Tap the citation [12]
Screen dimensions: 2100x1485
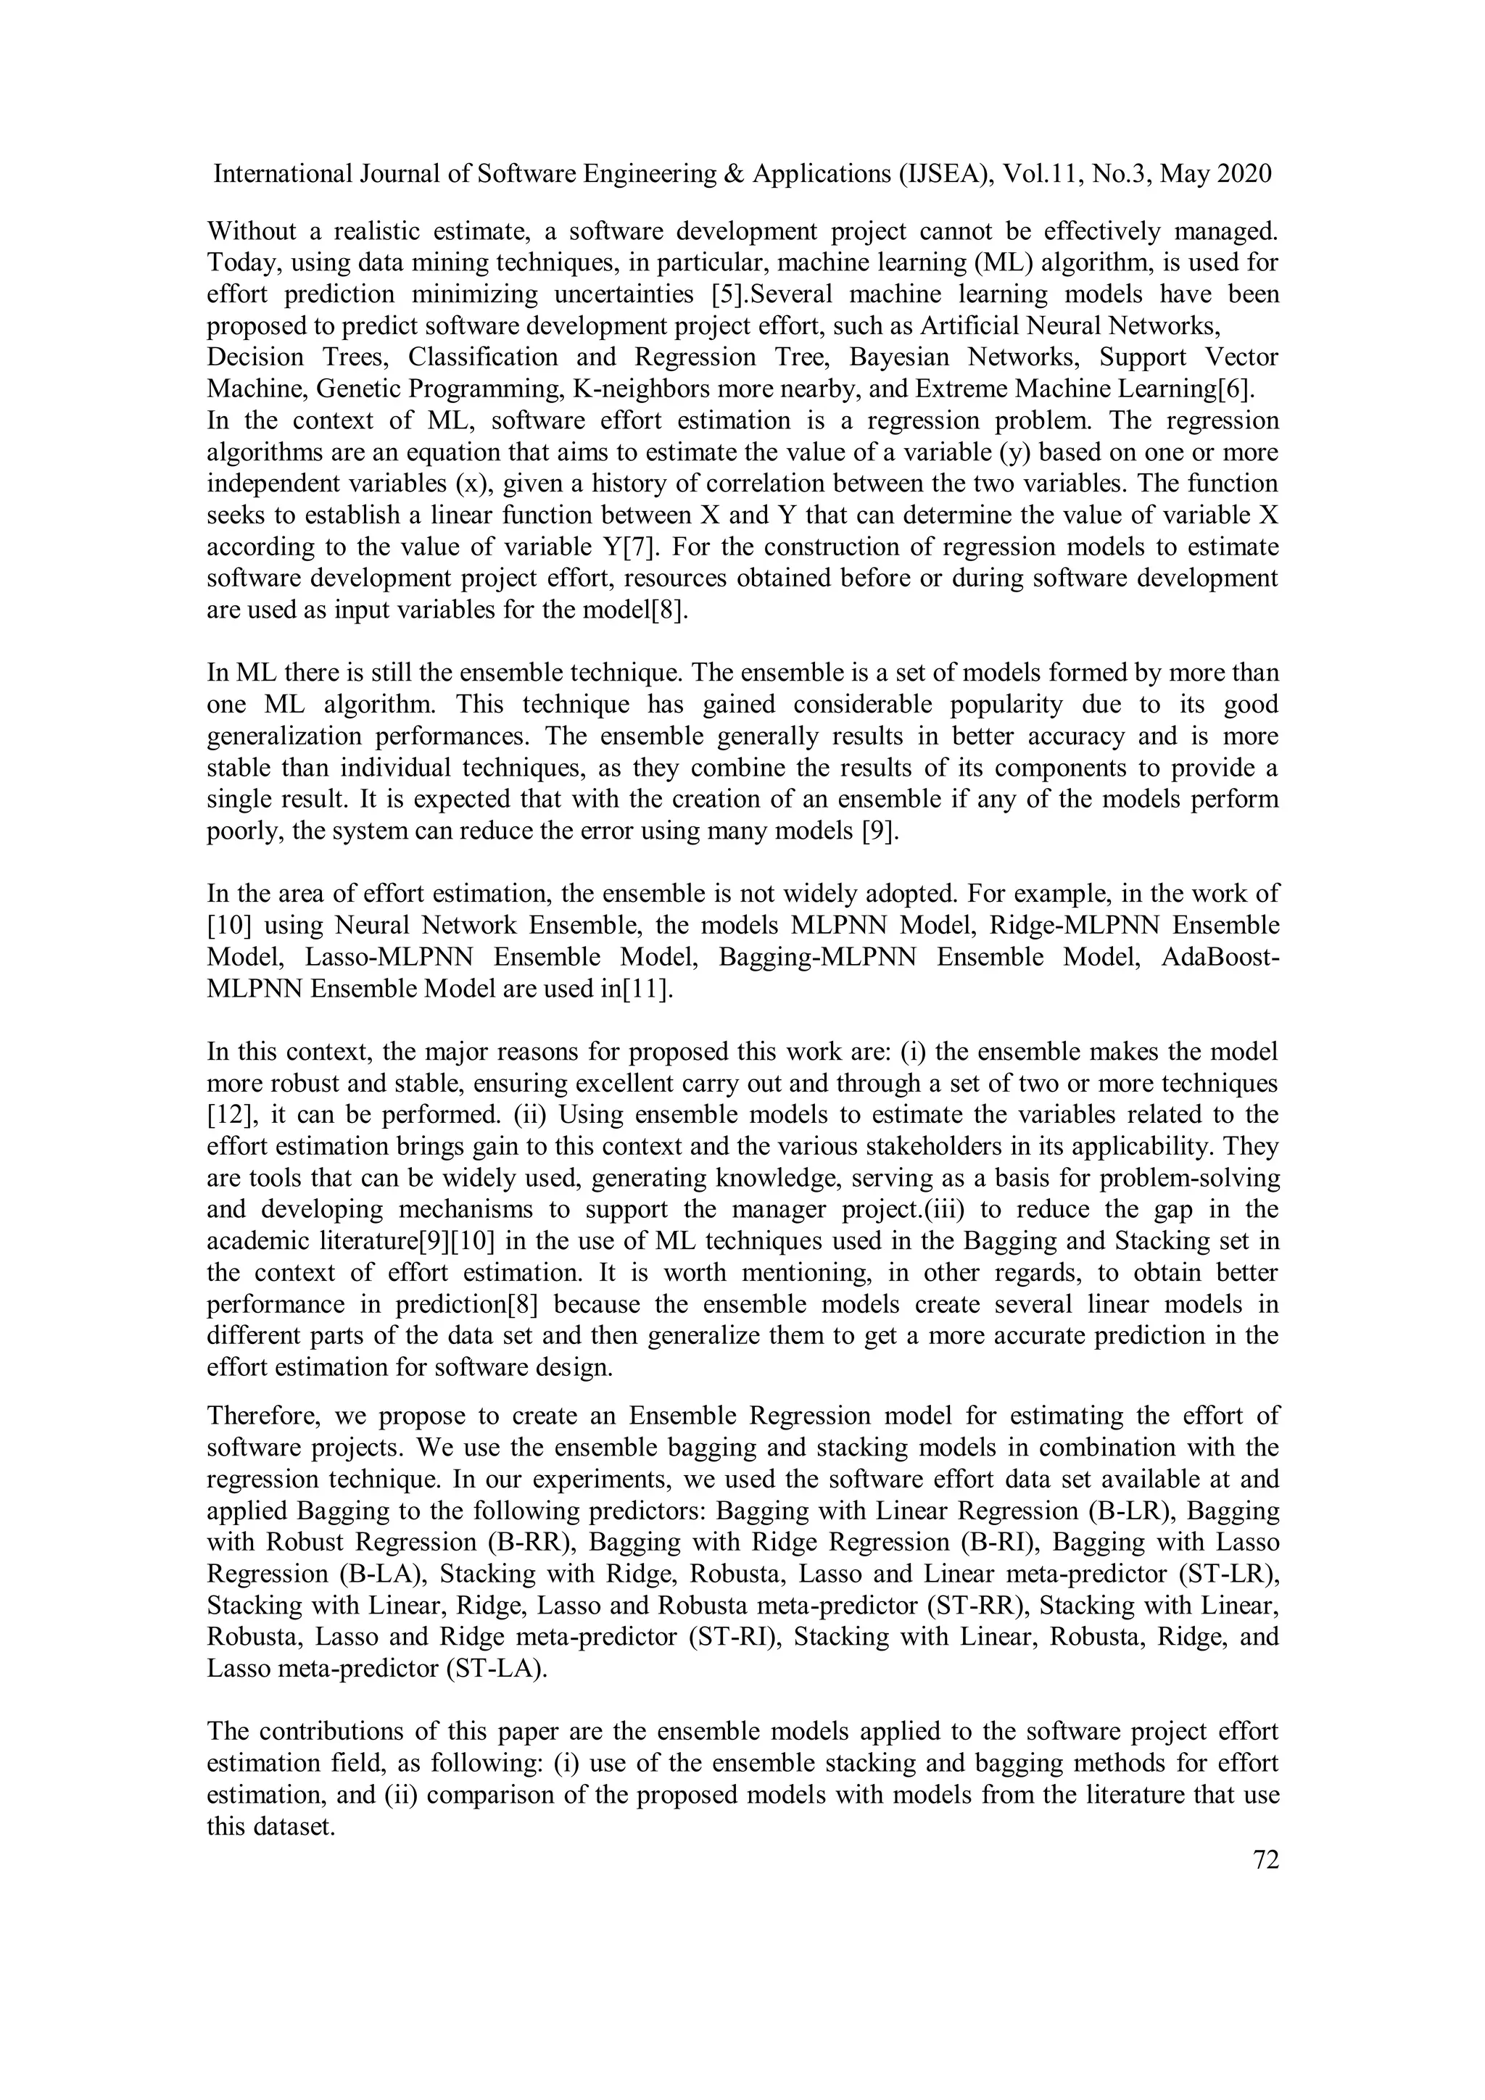[x=228, y=1115]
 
